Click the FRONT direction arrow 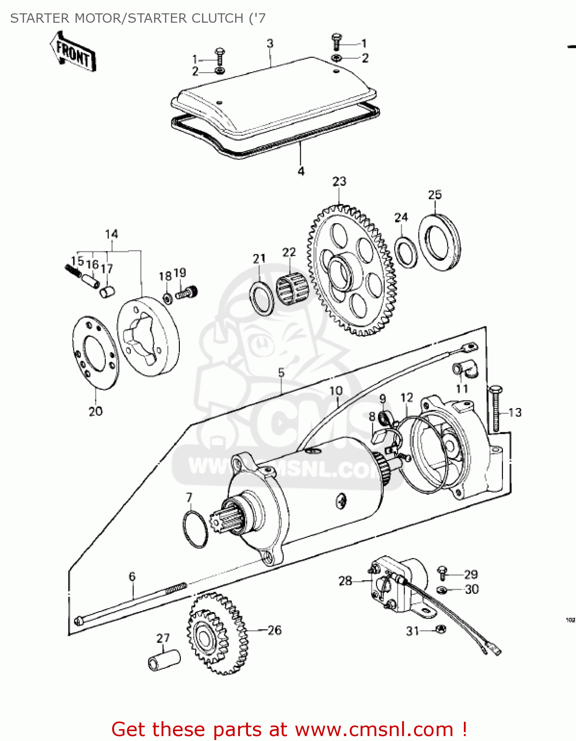click(73, 52)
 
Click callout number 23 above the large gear click(339, 182)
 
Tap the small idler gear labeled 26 click(217, 634)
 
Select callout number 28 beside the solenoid click(345, 581)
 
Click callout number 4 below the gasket click(301, 171)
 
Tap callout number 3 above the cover click(270, 43)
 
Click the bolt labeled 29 click(442, 573)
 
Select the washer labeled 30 click(442, 589)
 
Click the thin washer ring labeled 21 click(262, 298)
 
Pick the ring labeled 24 click(406, 250)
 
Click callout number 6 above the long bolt click(132, 576)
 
